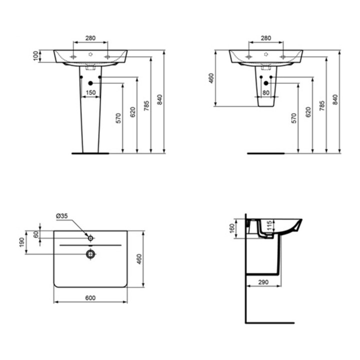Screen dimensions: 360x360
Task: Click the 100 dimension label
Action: (x=35, y=56)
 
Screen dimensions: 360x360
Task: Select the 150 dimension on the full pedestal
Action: (x=90, y=92)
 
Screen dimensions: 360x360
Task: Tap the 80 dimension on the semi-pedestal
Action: (x=266, y=93)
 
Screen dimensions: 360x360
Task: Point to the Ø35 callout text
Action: (x=62, y=216)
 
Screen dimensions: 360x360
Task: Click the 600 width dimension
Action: (x=90, y=298)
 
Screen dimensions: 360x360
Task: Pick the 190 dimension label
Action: (x=22, y=242)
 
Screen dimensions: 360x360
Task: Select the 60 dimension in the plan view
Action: (x=36, y=234)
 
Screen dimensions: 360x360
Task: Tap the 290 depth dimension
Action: (x=263, y=282)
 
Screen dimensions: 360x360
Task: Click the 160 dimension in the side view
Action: (x=232, y=228)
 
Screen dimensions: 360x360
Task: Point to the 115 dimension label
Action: (x=269, y=225)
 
